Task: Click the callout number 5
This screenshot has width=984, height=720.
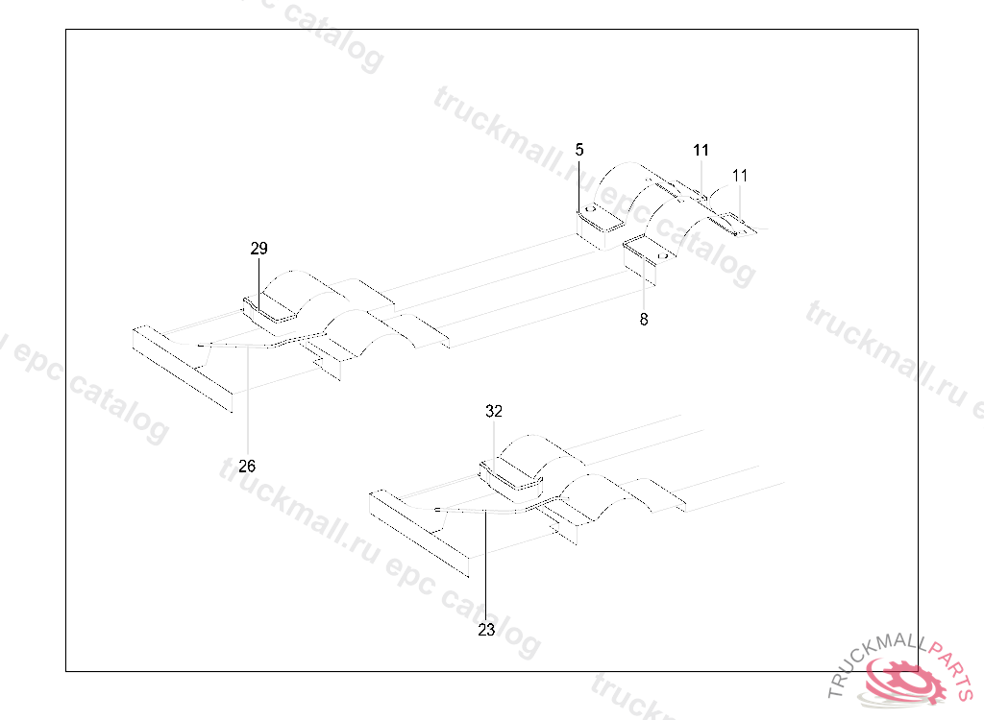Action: click(579, 149)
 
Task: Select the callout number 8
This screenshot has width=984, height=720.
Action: click(644, 320)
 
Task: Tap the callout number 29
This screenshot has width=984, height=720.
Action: click(258, 249)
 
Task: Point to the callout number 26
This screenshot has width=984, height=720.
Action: click(247, 466)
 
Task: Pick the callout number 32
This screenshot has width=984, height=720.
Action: click(494, 411)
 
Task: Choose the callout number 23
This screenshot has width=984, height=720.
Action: click(486, 630)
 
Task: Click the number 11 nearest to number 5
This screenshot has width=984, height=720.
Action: click(701, 150)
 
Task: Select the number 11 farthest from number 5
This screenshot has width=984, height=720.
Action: click(740, 176)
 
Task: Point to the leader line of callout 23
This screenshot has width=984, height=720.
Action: click(486, 566)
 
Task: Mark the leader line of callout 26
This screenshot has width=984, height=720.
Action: click(247, 403)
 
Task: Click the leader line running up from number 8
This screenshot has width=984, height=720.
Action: click(644, 288)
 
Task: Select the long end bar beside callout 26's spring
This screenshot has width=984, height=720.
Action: click(183, 370)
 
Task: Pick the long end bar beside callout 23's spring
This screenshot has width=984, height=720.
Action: click(420, 533)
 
